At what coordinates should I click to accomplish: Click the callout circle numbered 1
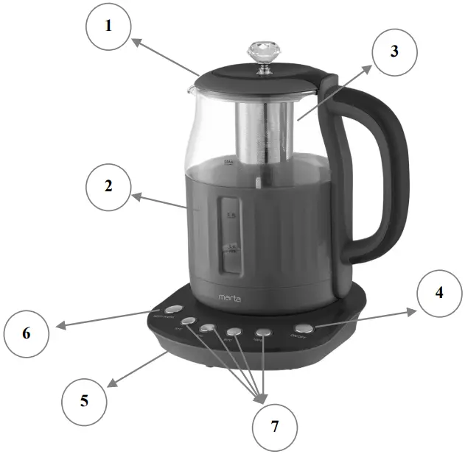tap(108, 26)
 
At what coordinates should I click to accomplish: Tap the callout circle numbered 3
tap(394, 52)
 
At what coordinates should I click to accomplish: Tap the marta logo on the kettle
tap(230, 298)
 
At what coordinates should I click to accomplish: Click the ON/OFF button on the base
tap(302, 329)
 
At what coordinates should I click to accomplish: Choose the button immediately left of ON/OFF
tap(263, 333)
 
